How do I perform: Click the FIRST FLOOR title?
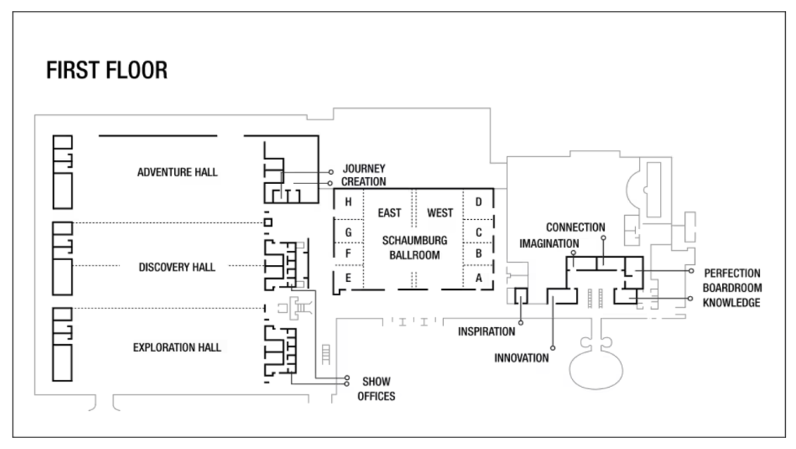click(x=106, y=71)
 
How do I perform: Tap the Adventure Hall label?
click(x=177, y=172)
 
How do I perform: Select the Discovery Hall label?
click(x=176, y=267)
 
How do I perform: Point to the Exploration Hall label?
click(x=176, y=347)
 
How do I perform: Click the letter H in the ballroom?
click(x=348, y=202)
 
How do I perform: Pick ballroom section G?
click(x=348, y=233)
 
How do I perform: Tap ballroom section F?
click(x=348, y=253)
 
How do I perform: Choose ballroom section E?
click(x=348, y=278)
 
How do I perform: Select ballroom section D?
click(x=478, y=202)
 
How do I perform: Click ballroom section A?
click(x=478, y=278)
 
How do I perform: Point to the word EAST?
click(x=389, y=213)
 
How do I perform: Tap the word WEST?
click(x=440, y=213)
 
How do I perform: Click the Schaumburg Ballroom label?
click(x=415, y=248)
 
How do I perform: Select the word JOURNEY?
click(x=364, y=169)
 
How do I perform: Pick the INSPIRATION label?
click(x=487, y=332)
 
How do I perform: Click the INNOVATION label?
click(x=522, y=358)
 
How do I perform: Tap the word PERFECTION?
click(x=732, y=273)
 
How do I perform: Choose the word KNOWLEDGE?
click(x=731, y=303)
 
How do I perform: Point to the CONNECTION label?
click(x=576, y=228)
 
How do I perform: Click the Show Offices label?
click(x=376, y=389)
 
